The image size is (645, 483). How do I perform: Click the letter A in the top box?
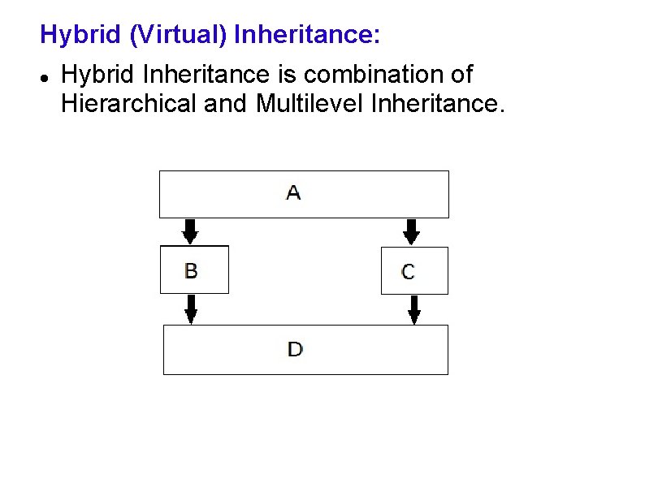point(293,193)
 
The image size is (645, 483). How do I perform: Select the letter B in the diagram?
point(191,270)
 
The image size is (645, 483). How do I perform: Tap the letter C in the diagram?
point(408,272)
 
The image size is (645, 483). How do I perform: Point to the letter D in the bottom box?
point(295,350)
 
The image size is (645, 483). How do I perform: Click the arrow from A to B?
point(189,231)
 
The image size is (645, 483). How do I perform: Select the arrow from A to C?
point(411,231)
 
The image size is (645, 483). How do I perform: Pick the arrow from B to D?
point(191,308)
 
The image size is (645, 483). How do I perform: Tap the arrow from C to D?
point(413,309)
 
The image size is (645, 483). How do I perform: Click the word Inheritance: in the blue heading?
point(306,35)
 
